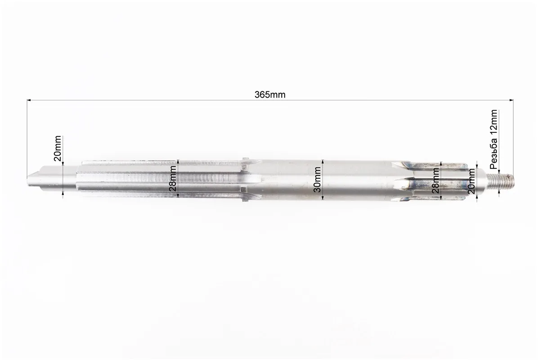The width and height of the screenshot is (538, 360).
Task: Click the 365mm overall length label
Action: click(x=270, y=94)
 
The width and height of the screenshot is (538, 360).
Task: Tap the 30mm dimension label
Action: click(x=317, y=180)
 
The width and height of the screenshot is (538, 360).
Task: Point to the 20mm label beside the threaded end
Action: click(x=471, y=182)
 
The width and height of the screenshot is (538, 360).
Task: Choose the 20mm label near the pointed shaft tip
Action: click(x=57, y=148)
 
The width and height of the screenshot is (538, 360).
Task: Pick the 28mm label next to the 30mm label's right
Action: click(x=435, y=181)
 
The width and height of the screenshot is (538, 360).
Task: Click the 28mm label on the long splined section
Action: click(x=172, y=179)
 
